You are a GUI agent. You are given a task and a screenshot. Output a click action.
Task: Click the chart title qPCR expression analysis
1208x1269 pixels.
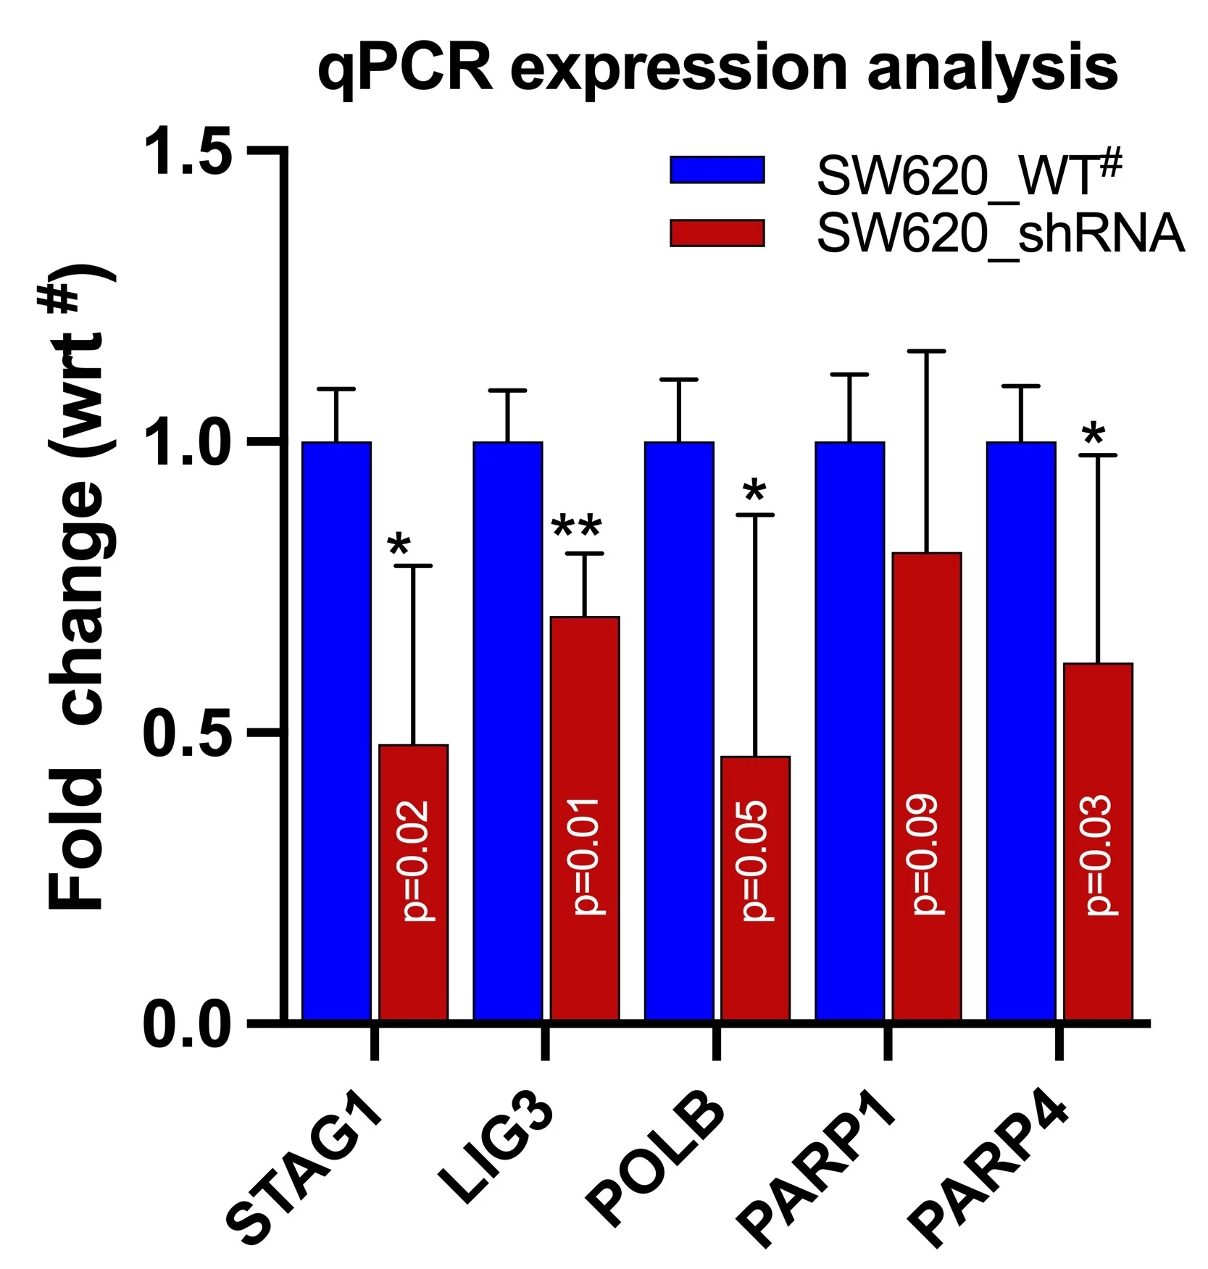click(x=717, y=70)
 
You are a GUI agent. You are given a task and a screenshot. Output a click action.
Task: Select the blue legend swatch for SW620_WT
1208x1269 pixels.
click(x=717, y=170)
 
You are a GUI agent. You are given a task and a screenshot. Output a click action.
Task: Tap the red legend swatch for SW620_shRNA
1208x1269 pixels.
click(x=717, y=233)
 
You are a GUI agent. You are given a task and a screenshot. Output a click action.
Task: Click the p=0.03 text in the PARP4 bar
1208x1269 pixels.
click(x=1099, y=855)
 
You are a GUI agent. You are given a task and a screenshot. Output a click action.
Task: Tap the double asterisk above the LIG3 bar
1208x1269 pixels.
click(x=577, y=528)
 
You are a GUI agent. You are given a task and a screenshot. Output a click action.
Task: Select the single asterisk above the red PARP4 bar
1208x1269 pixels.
click(x=1094, y=436)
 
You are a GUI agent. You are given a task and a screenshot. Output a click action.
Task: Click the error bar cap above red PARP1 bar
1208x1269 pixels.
click(x=927, y=351)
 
